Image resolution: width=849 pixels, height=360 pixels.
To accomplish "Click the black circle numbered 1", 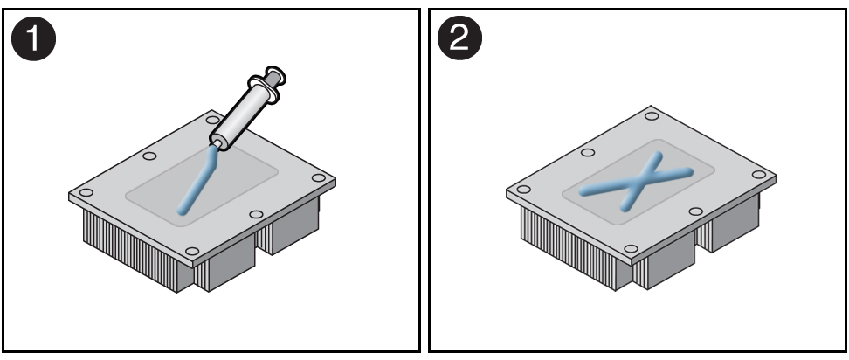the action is [x=33, y=38].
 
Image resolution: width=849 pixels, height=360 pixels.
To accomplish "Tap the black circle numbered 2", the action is [x=459, y=38].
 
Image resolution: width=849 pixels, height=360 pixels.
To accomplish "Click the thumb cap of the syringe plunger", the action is [x=276, y=75].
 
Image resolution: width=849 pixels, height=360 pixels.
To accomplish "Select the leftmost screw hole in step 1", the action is [x=86, y=192].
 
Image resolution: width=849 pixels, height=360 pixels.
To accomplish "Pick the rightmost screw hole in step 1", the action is [x=319, y=177].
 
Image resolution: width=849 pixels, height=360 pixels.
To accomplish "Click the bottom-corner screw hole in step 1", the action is [x=192, y=251].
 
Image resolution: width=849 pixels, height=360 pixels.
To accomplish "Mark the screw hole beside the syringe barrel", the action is [x=213, y=120].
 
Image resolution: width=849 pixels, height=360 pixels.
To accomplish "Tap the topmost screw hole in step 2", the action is [x=652, y=116].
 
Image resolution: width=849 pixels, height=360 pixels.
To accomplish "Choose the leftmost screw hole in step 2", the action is [x=523, y=189].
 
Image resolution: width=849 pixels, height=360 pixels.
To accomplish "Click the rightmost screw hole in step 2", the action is [x=759, y=174].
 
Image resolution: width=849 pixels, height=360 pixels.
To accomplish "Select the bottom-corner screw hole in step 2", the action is [x=631, y=249].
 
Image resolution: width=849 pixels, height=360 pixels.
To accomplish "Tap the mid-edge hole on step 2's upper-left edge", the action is [x=588, y=152].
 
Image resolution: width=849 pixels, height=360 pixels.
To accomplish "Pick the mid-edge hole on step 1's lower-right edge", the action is [x=256, y=214].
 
